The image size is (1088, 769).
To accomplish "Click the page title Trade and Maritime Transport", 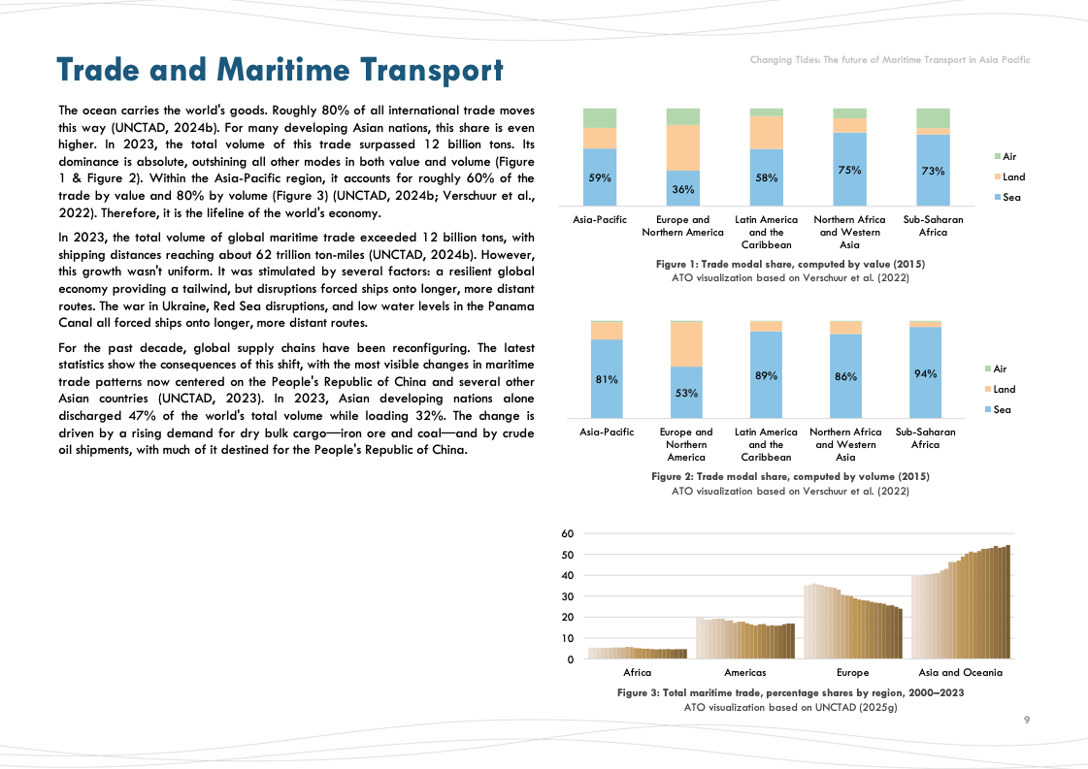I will [x=280, y=70].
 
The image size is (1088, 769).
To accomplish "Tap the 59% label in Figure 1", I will [x=600, y=177].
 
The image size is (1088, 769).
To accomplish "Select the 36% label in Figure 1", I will [x=682, y=189].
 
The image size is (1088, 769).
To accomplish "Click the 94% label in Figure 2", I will [x=925, y=373].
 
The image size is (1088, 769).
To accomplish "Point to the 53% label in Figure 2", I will [x=686, y=394].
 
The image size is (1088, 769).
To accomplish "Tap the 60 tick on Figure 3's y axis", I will [x=568, y=533].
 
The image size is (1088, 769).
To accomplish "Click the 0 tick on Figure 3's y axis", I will [x=572, y=659].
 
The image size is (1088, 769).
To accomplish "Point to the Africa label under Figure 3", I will [x=638, y=672].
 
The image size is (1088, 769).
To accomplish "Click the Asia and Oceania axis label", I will [x=960, y=672].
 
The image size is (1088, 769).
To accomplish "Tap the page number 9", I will [x=1026, y=721].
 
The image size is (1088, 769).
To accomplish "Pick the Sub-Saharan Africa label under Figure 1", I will [x=933, y=226].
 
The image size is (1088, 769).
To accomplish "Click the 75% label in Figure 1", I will [x=849, y=170].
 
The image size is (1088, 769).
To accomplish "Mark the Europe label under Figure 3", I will [x=852, y=672].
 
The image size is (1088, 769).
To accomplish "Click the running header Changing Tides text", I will [x=889, y=60].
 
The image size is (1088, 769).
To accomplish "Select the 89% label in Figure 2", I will [x=766, y=375].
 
